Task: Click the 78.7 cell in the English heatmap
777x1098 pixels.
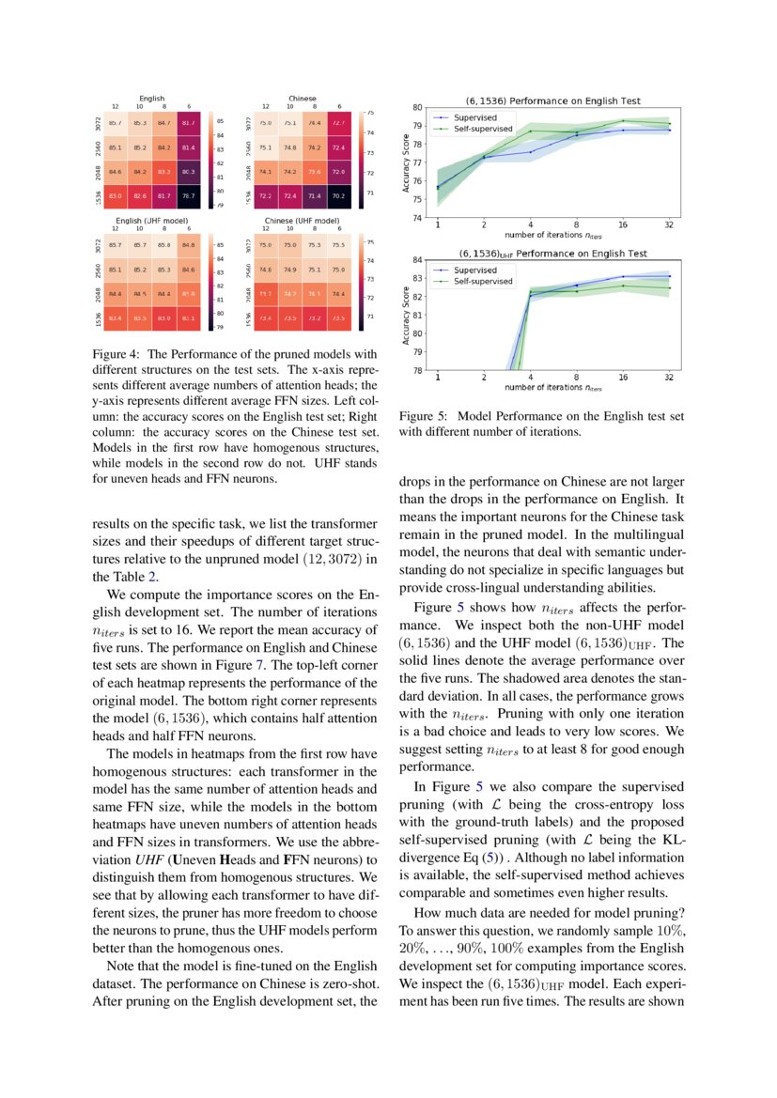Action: click(188, 195)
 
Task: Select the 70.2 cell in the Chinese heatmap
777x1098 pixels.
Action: click(339, 195)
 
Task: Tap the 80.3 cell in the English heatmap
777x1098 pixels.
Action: click(188, 171)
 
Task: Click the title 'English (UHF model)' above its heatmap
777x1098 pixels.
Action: click(151, 219)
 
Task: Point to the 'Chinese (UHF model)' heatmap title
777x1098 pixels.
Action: click(303, 219)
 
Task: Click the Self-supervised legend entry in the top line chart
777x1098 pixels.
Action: click(482, 128)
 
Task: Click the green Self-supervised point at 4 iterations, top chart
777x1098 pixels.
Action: click(530, 131)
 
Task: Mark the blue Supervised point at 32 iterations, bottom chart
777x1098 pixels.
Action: click(669, 276)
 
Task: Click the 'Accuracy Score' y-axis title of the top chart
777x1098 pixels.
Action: click(406, 162)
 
